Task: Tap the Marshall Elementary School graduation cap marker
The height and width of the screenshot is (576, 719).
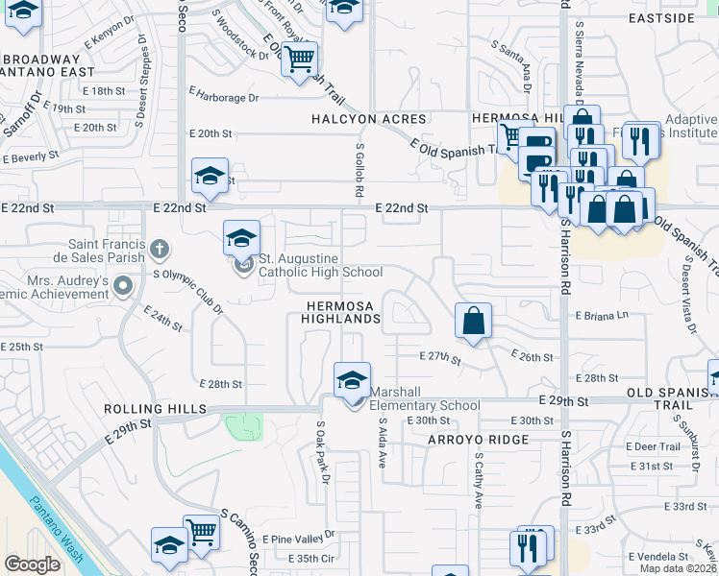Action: tap(352, 379)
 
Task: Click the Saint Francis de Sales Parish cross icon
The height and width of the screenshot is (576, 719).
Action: tap(160, 251)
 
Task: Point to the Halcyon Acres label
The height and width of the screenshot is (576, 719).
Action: tap(368, 118)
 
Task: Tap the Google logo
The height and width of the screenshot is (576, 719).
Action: tap(32, 564)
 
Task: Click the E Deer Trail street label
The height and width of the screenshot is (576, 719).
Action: tap(653, 446)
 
